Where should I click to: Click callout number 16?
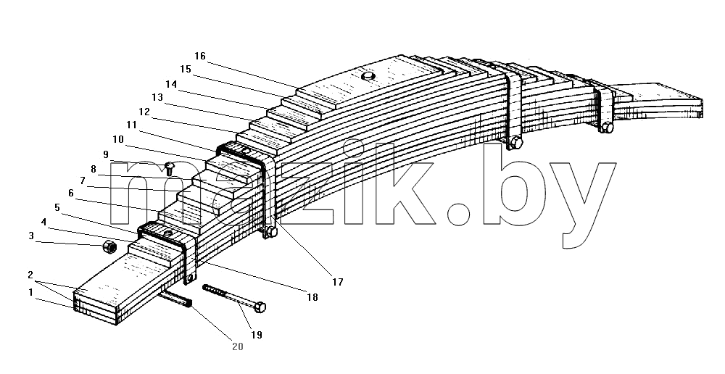200,56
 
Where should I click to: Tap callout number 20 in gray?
238,346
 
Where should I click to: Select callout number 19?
257,335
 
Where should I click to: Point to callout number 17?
338,281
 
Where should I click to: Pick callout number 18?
312,297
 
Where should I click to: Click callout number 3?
31,236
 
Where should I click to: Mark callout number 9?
106,154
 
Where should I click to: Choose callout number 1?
31,292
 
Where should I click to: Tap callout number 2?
30,275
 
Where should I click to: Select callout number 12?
144,112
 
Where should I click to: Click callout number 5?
57,207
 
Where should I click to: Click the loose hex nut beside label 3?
109,247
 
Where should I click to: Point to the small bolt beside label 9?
170,167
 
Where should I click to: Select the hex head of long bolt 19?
260,307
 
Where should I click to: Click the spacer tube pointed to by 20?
175,299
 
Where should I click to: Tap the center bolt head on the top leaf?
368,76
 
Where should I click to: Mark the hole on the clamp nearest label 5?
168,233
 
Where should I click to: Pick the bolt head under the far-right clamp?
607,127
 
